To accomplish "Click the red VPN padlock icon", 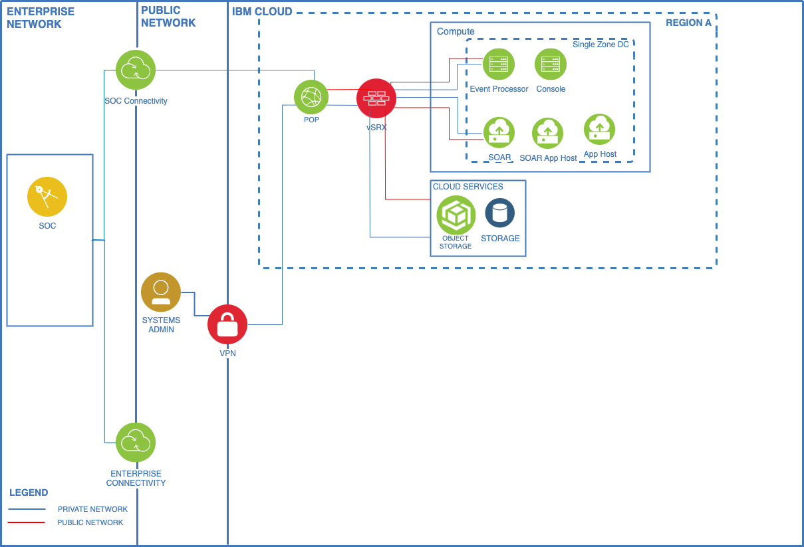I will [x=227, y=324].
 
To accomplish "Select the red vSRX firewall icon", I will [x=376, y=98].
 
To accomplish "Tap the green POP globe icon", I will [x=311, y=97].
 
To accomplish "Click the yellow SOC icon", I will [x=47, y=197].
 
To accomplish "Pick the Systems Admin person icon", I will [x=161, y=292].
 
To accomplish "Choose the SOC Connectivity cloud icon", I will [x=136, y=70].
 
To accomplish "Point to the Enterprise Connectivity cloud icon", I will [x=136, y=442].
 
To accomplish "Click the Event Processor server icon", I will [x=499, y=64].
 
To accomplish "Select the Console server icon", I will [x=551, y=64].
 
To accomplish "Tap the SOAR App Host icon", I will [x=547, y=134].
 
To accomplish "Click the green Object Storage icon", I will [x=456, y=215].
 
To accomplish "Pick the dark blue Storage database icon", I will [x=500, y=213].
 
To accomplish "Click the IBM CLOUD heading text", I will [x=262, y=11].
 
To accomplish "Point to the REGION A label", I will [x=688, y=23].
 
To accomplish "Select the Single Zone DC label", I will [x=601, y=45].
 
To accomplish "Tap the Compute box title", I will [x=456, y=31].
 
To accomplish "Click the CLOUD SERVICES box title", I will [x=468, y=187].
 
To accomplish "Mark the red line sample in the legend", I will [x=27, y=522].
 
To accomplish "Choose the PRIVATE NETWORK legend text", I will [x=92, y=509].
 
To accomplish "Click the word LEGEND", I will [x=29, y=492].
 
